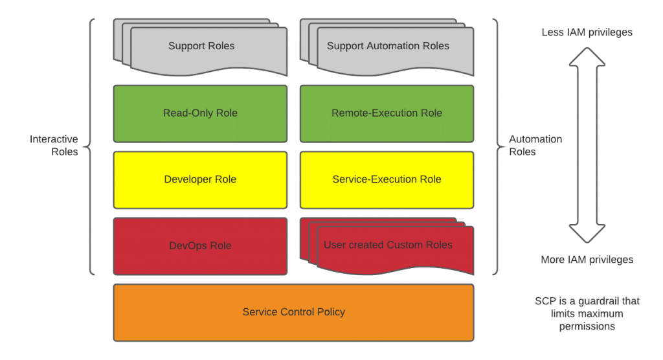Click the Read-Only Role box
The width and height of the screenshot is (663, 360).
200,113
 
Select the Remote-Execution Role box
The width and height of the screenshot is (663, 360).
387,113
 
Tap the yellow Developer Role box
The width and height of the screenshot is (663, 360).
200,179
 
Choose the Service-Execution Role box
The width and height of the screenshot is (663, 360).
387,179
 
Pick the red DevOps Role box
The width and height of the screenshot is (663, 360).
200,246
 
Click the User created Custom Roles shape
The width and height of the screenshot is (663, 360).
388,246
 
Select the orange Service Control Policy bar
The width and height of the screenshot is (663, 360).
293,312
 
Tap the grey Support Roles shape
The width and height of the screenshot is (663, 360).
201,47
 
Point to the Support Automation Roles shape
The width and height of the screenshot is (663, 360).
388,47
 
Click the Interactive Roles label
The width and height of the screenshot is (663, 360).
54,146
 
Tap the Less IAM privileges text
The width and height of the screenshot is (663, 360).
587,32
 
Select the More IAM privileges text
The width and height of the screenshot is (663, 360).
587,260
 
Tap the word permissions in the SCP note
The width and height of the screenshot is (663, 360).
587,326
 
